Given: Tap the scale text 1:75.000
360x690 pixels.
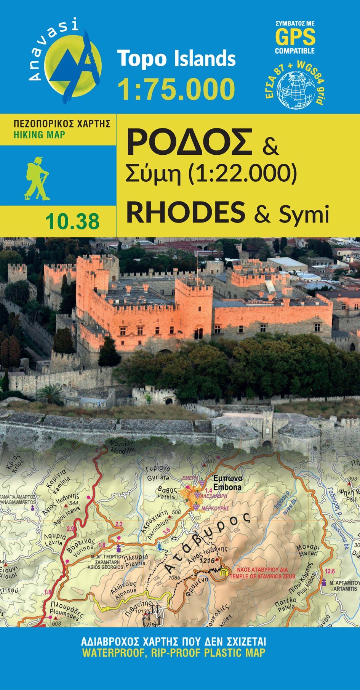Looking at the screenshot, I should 176,89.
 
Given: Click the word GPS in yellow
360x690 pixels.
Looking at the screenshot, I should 295,37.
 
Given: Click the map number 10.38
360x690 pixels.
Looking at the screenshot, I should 72,221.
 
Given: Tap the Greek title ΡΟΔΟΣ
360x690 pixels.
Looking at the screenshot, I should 189,142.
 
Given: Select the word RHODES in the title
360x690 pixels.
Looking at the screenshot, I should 186,213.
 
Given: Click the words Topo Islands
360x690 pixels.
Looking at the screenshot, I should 176,59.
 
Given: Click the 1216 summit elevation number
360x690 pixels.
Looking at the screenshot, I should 207,561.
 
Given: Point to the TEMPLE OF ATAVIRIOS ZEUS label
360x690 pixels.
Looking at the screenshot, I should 262,576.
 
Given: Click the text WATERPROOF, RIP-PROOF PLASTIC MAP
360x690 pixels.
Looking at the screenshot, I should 173,663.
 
